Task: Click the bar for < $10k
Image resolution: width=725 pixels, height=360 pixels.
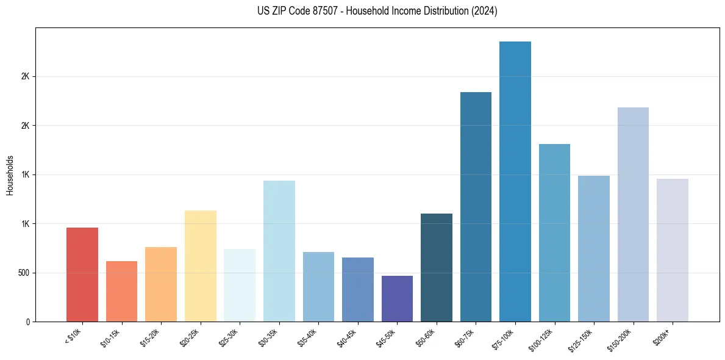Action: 82,275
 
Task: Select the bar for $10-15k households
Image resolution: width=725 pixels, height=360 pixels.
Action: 121,291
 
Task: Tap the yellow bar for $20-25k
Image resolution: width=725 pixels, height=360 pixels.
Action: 200,266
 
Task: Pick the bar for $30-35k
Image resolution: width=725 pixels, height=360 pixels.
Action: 279,251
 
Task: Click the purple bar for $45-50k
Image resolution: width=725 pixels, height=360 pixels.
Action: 397,298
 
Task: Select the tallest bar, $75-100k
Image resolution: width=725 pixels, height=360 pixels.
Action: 515,181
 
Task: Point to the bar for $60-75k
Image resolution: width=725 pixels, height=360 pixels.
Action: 476,207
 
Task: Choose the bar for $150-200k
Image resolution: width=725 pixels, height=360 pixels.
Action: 633,214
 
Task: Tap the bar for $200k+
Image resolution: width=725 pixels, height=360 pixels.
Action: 673,250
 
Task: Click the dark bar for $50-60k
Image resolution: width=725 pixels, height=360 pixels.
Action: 437,267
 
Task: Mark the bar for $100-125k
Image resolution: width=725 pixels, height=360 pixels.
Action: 554,232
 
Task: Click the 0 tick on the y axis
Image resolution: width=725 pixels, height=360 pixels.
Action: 28,322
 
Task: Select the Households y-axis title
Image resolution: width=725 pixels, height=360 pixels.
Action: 10,175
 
